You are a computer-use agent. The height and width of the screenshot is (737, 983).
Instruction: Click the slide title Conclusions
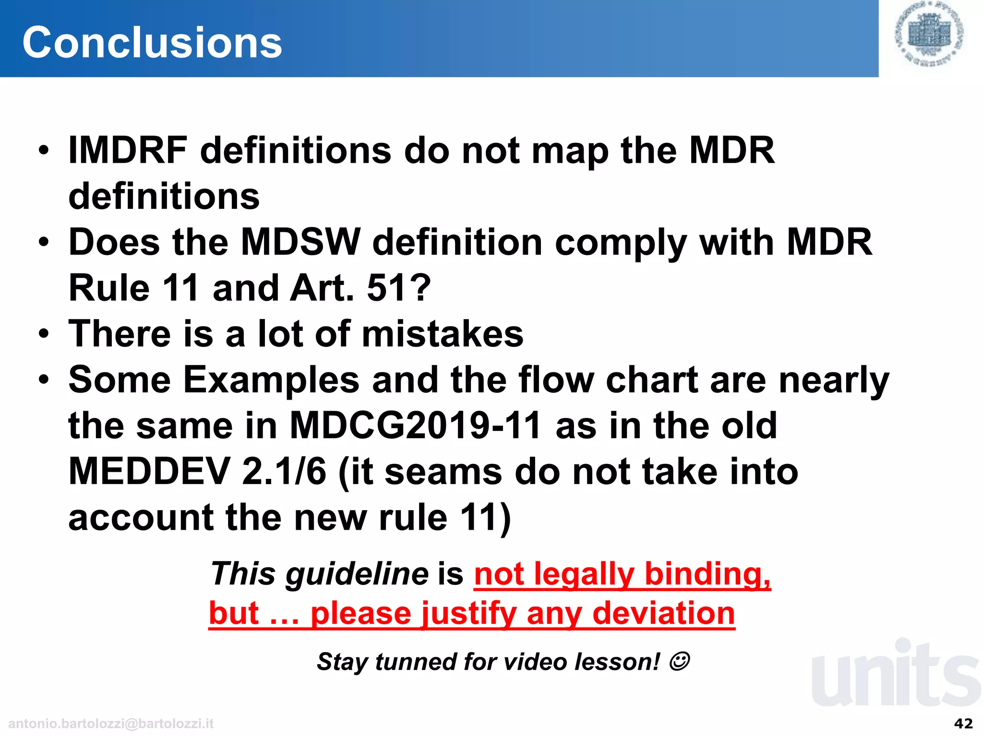[152, 43]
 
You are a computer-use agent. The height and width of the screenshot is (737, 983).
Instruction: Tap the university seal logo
[930, 34]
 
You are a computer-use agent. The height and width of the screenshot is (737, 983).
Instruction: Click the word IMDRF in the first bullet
[128, 151]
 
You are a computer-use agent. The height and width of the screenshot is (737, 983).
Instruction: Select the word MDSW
[300, 242]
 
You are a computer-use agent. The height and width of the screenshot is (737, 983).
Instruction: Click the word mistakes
[442, 334]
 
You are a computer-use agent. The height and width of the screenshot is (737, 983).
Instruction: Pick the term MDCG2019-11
[416, 426]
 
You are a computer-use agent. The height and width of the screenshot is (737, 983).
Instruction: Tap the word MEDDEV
[149, 472]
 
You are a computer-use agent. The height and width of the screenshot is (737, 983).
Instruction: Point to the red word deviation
[663, 613]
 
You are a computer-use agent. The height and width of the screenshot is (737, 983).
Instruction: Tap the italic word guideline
[357, 574]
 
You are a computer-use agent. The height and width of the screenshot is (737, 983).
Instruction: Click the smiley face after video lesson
[679, 661]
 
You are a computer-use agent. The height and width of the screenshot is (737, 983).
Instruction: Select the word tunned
[414, 662]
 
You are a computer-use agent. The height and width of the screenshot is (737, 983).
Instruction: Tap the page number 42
[963, 723]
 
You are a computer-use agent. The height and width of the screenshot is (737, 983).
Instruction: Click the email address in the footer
[111, 724]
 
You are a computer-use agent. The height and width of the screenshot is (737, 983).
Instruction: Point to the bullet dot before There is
[44, 333]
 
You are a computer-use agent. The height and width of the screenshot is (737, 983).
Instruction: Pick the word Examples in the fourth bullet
[271, 380]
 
